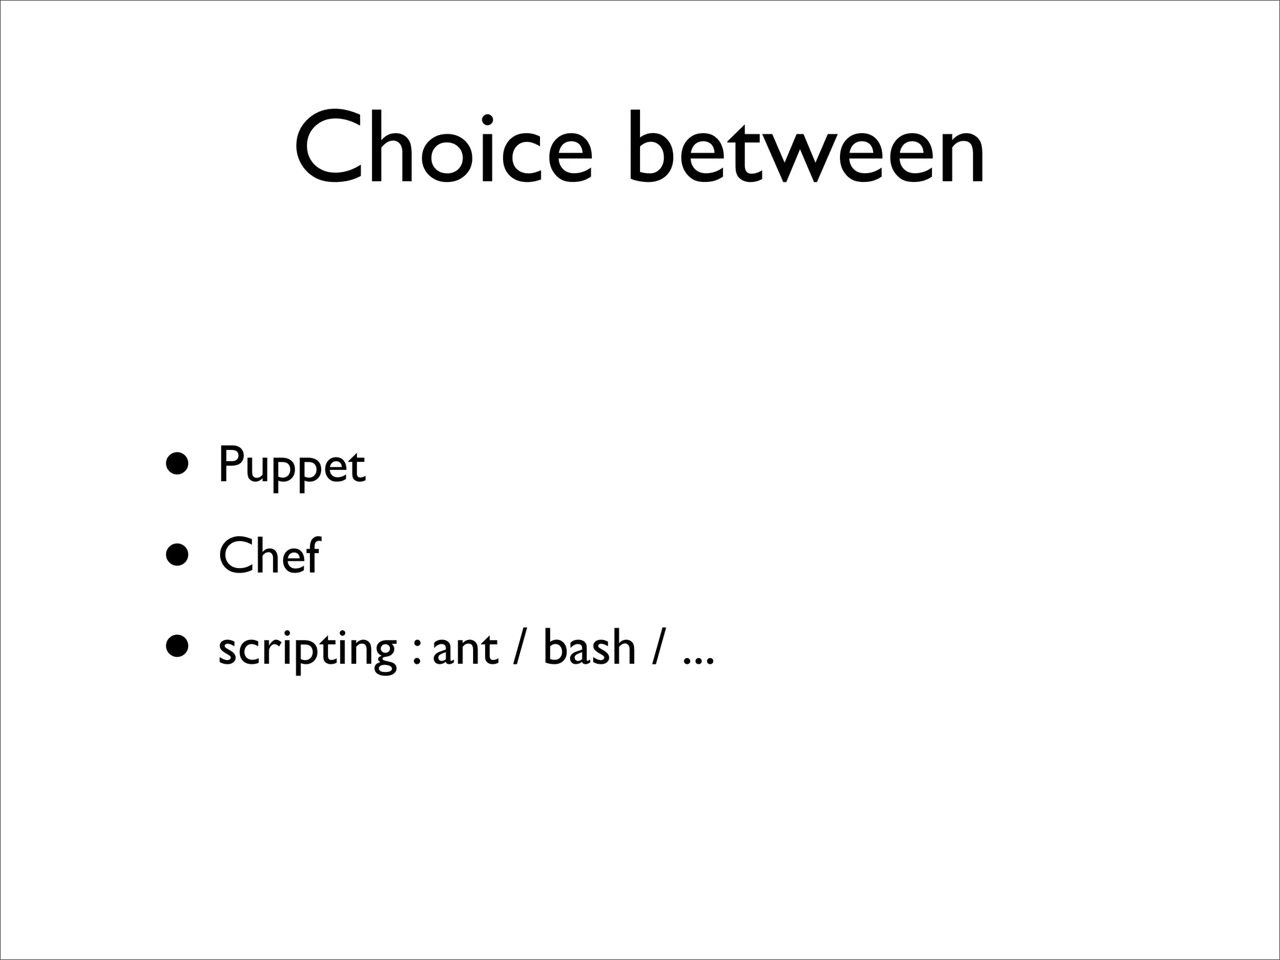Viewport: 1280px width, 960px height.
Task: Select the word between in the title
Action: coord(806,149)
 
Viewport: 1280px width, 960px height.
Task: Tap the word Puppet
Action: coord(291,466)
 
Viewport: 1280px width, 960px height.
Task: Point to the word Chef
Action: coord(269,556)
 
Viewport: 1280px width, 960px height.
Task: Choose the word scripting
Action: coord(307,649)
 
